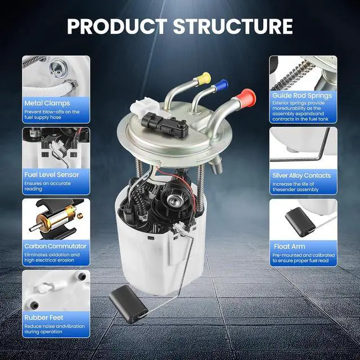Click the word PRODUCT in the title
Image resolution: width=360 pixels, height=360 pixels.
click(118, 26)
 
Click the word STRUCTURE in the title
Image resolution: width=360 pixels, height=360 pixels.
click(233, 26)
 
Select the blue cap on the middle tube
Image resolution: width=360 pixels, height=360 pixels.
click(222, 84)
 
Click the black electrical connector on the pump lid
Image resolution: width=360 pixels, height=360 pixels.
click(165, 124)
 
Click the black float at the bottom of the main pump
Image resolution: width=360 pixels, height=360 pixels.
click(128, 303)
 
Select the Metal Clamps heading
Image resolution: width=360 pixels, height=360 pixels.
click(47, 103)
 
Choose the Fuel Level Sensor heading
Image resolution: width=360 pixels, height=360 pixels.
click(52, 175)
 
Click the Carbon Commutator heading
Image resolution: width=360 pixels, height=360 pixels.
click(55, 246)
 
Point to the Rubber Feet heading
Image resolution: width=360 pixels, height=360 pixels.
click(44, 318)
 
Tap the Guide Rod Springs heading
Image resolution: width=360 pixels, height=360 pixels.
click(302, 96)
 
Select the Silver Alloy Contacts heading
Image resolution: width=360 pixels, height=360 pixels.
click(301, 175)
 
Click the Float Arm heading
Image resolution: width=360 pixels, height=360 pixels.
click(290, 246)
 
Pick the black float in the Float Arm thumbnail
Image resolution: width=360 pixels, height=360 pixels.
click(300, 222)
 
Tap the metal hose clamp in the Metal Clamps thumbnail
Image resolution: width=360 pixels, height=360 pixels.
click(71, 84)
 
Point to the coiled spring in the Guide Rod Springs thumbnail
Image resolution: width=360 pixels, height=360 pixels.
click(291, 76)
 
